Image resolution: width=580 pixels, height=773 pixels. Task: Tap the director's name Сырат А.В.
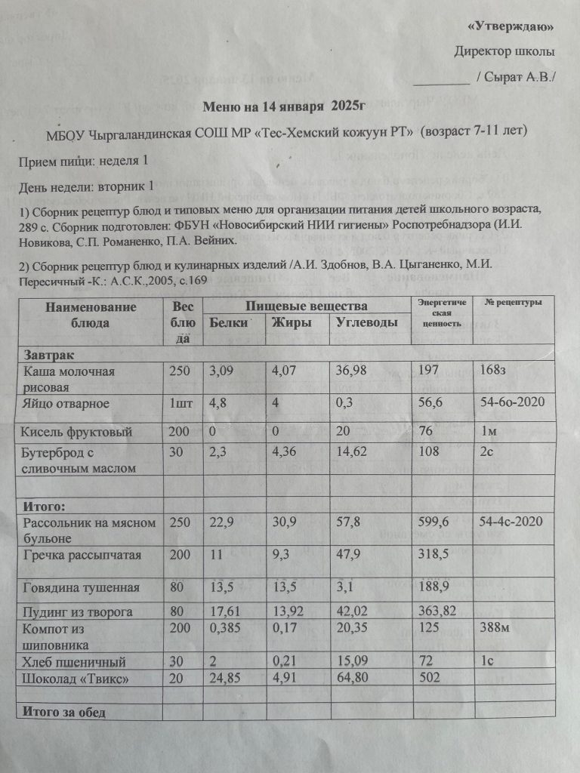coord(517,77)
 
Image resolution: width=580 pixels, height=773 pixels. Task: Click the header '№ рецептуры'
coord(514,303)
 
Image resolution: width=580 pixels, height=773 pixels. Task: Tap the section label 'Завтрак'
coord(48,354)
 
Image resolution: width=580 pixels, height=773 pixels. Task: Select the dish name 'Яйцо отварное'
coord(66,403)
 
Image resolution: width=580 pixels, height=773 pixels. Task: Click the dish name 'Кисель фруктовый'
coord(78,432)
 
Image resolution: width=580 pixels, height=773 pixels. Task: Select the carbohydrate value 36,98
coord(355,371)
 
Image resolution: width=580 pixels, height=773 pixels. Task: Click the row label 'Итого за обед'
coord(65,712)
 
